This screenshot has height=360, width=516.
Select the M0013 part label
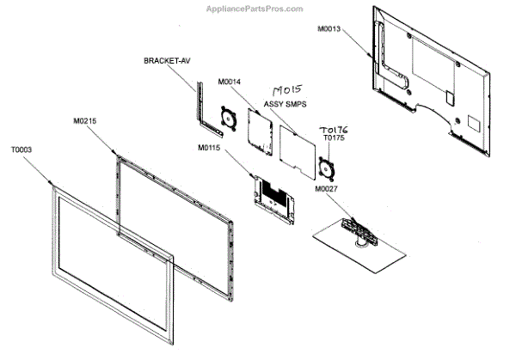329,28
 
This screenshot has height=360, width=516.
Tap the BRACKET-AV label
169,61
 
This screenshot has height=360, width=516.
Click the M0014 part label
229,82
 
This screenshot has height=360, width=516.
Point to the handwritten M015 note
287,90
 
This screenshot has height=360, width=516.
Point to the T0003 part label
21,149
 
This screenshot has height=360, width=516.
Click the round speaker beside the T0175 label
325,165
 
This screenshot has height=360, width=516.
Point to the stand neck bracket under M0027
357,231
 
